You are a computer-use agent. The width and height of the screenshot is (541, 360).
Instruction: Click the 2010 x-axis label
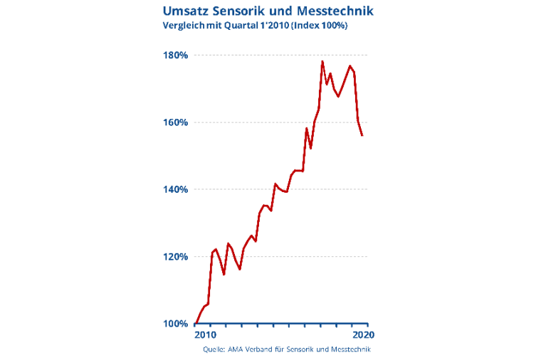pyautogui.click(x=204, y=334)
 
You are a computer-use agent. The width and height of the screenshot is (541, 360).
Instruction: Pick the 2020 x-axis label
pyautogui.click(x=363, y=334)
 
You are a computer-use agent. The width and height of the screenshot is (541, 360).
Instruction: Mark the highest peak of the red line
pyautogui.click(x=322, y=62)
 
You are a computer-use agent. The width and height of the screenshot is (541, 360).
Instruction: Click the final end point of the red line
pyautogui.click(x=362, y=135)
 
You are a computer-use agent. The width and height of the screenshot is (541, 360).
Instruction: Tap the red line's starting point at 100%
pyautogui.click(x=196, y=323)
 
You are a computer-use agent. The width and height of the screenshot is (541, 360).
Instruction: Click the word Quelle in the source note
pyautogui.click(x=214, y=349)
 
